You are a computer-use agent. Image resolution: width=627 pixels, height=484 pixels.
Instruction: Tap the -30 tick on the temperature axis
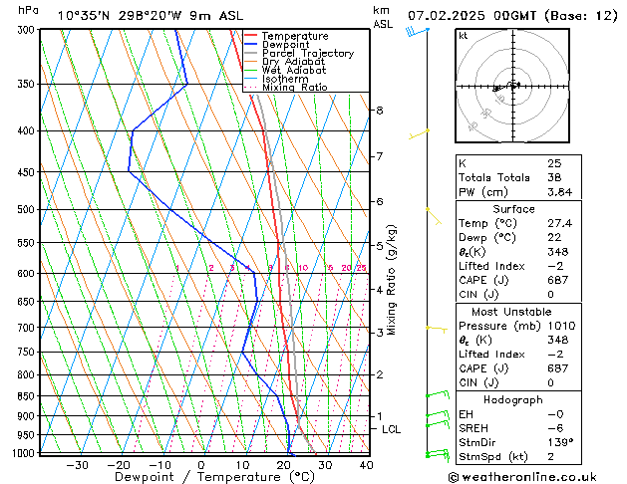click(x=77, y=464)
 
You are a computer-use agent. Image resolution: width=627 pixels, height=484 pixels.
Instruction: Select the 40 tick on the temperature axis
click(x=366, y=464)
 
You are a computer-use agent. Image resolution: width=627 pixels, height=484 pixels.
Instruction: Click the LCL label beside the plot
click(x=392, y=429)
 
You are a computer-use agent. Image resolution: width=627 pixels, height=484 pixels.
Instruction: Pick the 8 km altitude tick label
click(x=380, y=110)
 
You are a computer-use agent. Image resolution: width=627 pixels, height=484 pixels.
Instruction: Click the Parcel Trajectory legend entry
click(x=307, y=54)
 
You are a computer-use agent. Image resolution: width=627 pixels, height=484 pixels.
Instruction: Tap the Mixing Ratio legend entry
click(x=294, y=88)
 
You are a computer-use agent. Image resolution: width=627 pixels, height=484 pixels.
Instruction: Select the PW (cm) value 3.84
click(x=559, y=192)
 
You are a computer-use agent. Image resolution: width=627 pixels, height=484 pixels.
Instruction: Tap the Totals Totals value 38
click(x=554, y=177)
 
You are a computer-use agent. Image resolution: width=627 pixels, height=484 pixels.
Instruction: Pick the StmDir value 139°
click(x=558, y=442)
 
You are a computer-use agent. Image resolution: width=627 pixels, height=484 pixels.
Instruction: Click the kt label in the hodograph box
click(x=463, y=35)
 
